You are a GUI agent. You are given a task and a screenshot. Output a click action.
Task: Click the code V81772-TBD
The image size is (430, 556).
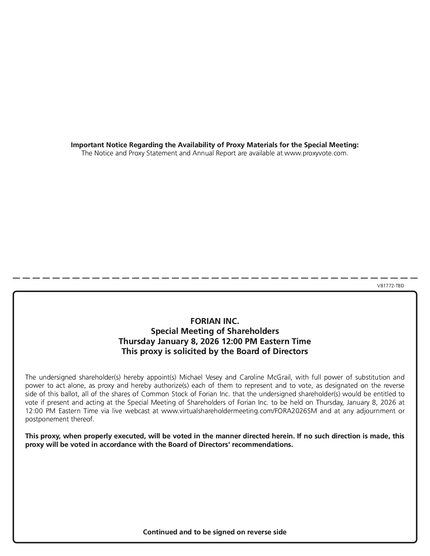[x=390, y=286]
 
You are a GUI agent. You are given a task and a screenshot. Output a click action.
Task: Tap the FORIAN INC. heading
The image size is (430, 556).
[x=215, y=321]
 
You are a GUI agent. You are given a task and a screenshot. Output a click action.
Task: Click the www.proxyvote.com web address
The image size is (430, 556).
[x=316, y=153]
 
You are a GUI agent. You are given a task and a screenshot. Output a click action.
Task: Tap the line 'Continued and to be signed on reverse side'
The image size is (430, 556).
[x=215, y=532]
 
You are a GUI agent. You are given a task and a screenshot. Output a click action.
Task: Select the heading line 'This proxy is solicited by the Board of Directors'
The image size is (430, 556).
[x=215, y=351]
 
